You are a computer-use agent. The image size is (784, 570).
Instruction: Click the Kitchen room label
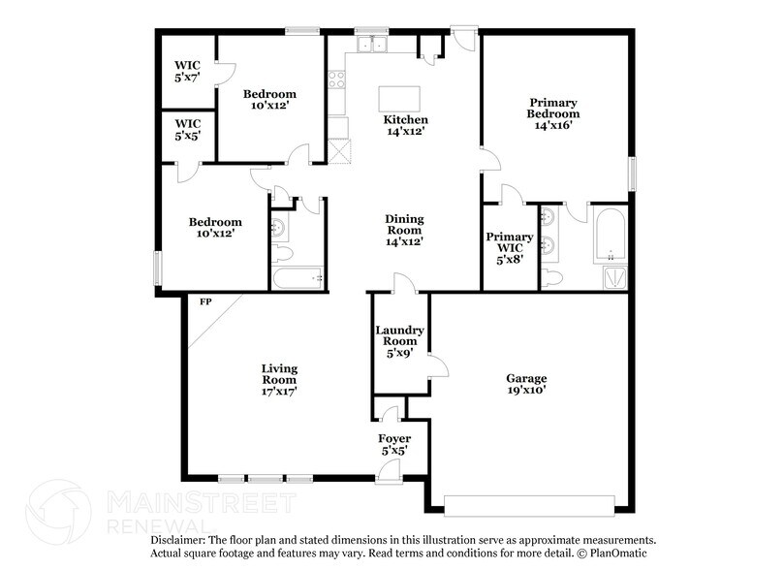click(405, 119)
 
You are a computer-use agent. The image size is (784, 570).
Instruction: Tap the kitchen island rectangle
click(399, 99)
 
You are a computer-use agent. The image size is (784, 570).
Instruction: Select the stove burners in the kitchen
click(336, 79)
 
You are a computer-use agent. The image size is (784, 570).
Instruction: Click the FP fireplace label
click(205, 301)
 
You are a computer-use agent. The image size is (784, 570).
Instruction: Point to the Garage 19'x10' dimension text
click(526, 390)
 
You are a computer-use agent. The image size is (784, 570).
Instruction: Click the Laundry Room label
click(399, 335)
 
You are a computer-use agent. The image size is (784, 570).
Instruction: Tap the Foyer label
click(394, 438)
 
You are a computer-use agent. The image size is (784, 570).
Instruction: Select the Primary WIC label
click(510, 242)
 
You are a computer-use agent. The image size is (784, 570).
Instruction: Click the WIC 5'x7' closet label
click(187, 71)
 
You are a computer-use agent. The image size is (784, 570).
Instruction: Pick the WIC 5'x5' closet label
click(187, 130)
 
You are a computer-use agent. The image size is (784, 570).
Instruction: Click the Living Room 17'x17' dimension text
click(279, 391)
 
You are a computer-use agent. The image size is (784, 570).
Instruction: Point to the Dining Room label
click(404, 225)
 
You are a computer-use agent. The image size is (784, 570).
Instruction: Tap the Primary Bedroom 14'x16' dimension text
click(553, 125)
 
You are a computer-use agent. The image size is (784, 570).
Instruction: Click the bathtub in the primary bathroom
click(610, 236)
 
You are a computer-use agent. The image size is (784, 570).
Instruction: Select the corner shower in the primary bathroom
click(615, 278)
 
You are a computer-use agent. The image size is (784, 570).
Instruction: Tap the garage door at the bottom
click(529, 505)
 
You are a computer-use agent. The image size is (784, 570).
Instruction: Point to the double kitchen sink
click(372, 45)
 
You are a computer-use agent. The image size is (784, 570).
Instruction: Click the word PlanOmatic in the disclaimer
click(618, 553)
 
